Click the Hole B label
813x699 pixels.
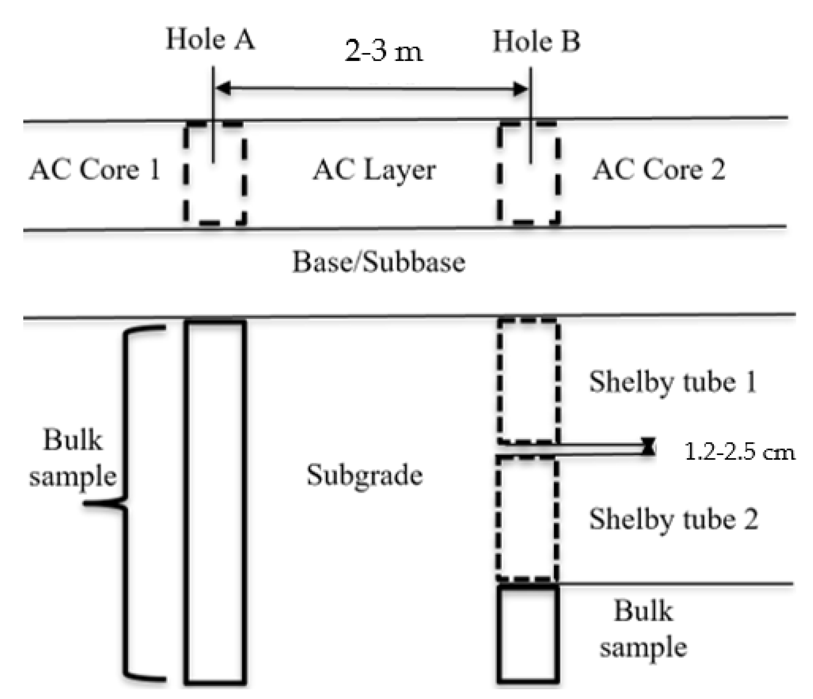pos(536,41)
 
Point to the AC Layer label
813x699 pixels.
pos(374,170)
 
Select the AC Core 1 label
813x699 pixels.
pos(95,170)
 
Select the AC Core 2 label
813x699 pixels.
pos(658,170)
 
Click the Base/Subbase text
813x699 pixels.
pos(378,262)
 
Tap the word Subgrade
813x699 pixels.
pos(364,475)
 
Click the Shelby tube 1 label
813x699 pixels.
pos(672,382)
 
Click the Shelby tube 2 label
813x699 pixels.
pos(673,519)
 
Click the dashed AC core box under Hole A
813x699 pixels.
pos(215,173)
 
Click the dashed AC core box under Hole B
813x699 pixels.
pos(528,173)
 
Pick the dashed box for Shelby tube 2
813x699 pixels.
pos(527,519)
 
